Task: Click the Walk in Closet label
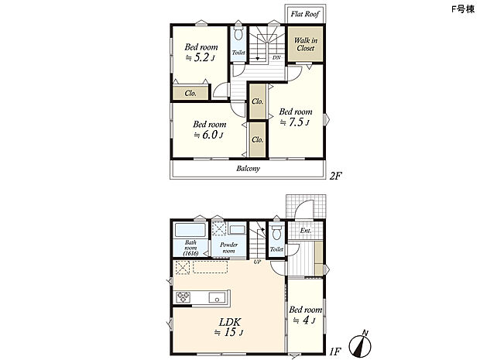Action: pyautogui.click(x=305, y=44)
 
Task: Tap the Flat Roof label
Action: pyautogui.click(x=305, y=14)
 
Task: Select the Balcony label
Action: pyautogui.click(x=248, y=168)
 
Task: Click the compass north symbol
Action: pyautogui.click(x=360, y=345)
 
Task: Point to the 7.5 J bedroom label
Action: pyautogui.click(x=296, y=117)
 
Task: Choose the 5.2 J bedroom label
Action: pyautogui.click(x=201, y=53)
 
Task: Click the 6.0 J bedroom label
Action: pyautogui.click(x=209, y=129)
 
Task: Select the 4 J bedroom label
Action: pyautogui.click(x=305, y=315)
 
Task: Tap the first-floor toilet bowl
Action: pyautogui.click(x=276, y=231)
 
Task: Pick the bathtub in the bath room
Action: pyautogui.click(x=190, y=230)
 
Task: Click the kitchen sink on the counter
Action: pyautogui.click(x=217, y=297)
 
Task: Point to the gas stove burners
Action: pyautogui.click(x=183, y=297)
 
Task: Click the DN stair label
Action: pyautogui.click(x=276, y=57)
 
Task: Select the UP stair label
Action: pyautogui.click(x=257, y=262)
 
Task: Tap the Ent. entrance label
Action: pyautogui.click(x=305, y=231)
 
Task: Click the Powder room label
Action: pyautogui.click(x=228, y=248)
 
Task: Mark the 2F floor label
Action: pyautogui.click(x=335, y=176)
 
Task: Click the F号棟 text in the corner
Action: pyautogui.click(x=462, y=9)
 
